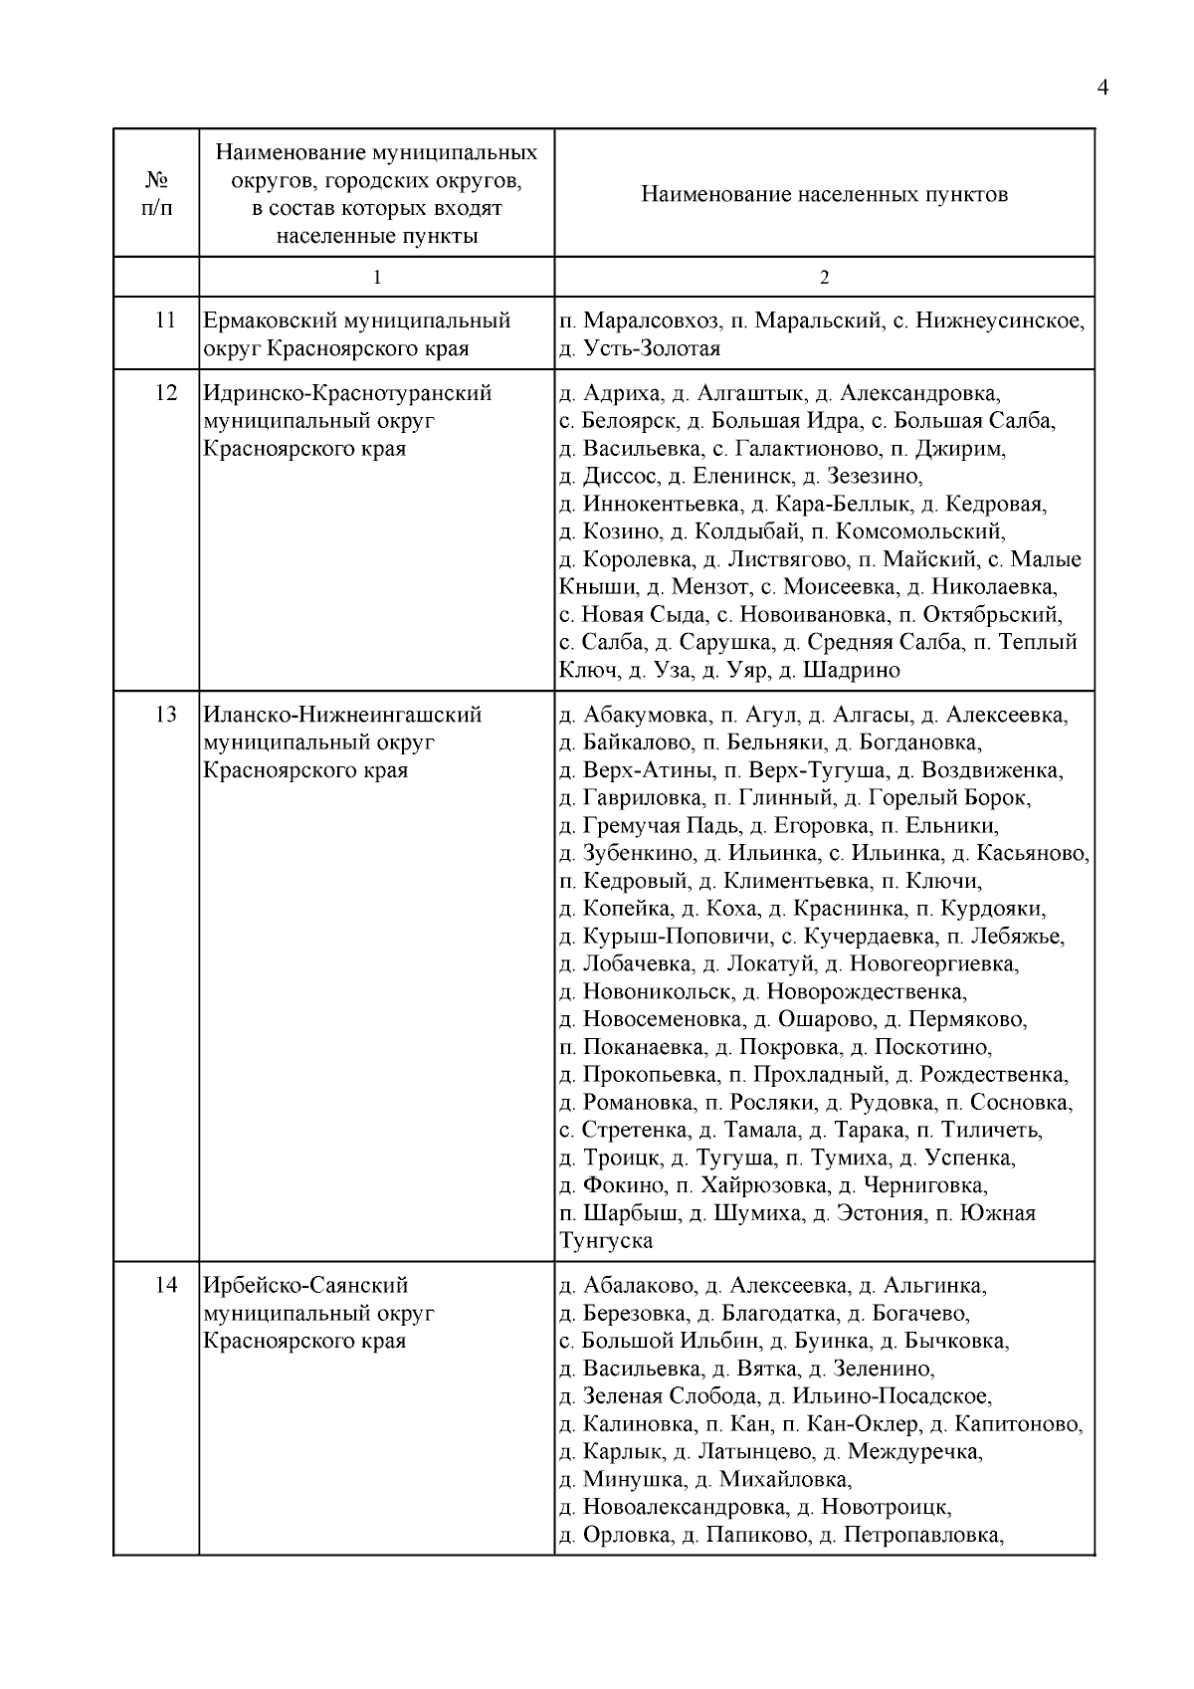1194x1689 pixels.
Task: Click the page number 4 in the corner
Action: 1101,88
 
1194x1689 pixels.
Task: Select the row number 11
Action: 165,320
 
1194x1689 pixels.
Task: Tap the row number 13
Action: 165,715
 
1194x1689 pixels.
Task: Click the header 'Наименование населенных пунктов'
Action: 824,194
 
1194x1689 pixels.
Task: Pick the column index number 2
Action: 824,278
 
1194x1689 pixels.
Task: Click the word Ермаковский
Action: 271,320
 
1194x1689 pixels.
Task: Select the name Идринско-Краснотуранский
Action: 347,393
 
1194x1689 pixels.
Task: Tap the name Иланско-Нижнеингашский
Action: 342,715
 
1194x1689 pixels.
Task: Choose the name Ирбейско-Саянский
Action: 305,1286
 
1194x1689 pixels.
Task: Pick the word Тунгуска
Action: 607,1241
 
